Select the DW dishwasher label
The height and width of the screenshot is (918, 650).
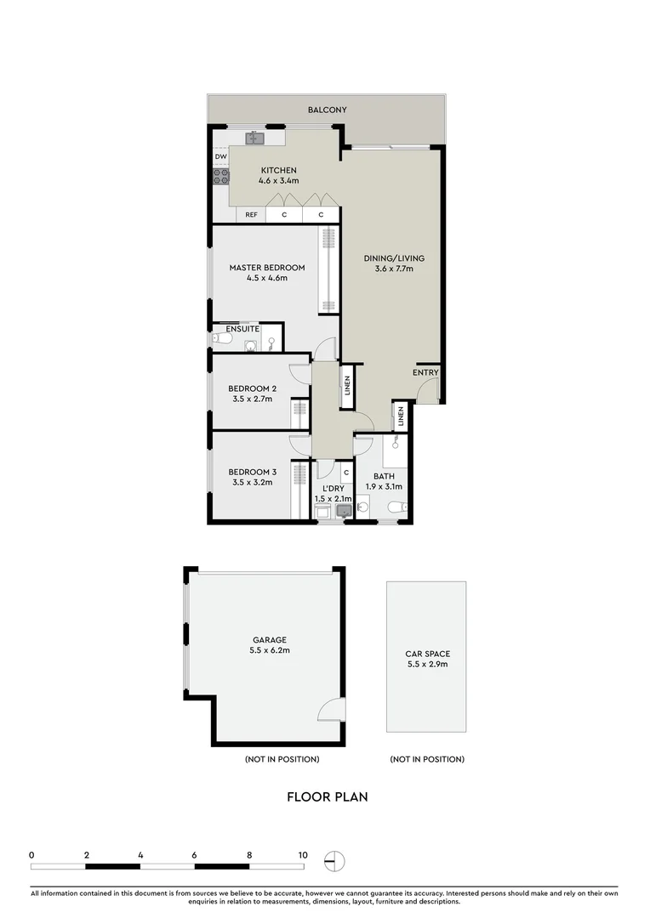(x=220, y=157)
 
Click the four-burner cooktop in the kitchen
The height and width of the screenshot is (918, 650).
(x=220, y=177)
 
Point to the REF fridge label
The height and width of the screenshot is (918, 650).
(x=251, y=215)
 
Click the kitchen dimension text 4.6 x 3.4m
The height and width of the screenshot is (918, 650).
(x=278, y=181)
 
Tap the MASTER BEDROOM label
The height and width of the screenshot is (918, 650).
(x=266, y=268)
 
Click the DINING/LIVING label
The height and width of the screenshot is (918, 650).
(x=394, y=258)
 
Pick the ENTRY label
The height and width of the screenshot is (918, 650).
(x=425, y=373)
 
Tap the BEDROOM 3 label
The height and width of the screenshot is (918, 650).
(x=252, y=473)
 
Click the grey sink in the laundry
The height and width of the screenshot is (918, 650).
(x=344, y=511)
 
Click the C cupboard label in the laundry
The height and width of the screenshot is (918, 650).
(x=346, y=473)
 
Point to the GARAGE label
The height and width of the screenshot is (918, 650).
(x=269, y=640)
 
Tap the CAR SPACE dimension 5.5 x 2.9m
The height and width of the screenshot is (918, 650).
(x=427, y=664)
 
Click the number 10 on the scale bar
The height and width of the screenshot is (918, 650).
(x=302, y=855)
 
